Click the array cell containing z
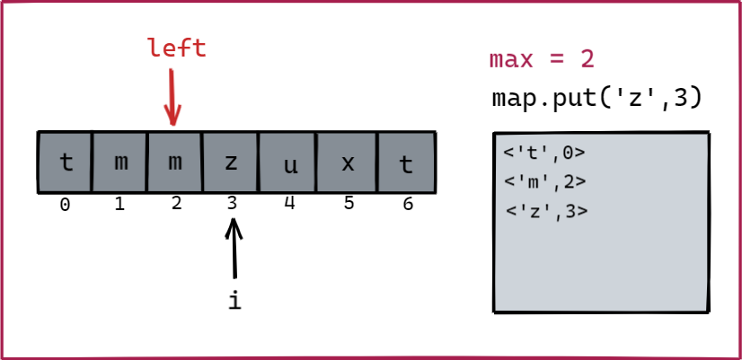click(231, 162)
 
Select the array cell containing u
click(287, 162)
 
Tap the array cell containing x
click(348, 162)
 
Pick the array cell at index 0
click(65, 162)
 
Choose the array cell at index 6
click(406, 162)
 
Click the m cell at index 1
click(119, 162)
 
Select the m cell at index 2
click(175, 162)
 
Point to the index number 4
click(288, 203)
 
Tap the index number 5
click(349, 204)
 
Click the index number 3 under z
click(232, 204)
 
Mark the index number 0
click(65, 205)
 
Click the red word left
click(177, 48)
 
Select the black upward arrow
click(234, 248)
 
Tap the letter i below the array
click(234, 301)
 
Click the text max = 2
click(542, 60)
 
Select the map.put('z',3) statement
click(596, 97)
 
